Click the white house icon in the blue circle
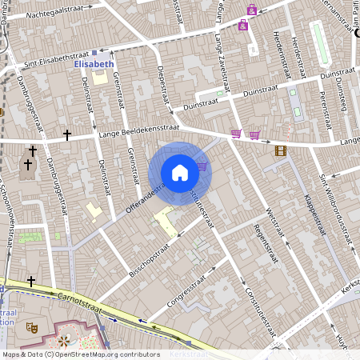(180, 173)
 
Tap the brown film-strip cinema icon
(280, 150)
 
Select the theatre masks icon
(33, 327)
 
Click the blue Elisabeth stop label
(94, 63)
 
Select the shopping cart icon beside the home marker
(202, 166)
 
